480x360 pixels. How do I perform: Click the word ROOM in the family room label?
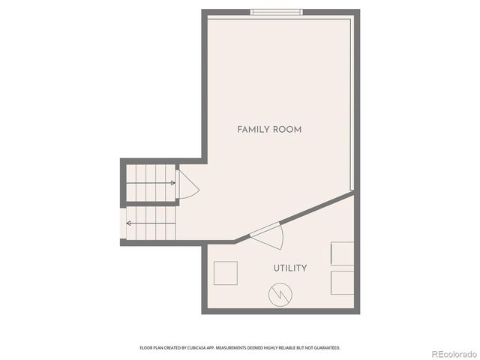pos(287,130)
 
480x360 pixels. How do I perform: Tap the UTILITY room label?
pos(289,268)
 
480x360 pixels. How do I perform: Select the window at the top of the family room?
pos(277,12)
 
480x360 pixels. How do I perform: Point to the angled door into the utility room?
pos(268,235)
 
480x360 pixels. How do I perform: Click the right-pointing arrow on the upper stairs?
pos(172,182)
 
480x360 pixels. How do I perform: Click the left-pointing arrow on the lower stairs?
pos(129,223)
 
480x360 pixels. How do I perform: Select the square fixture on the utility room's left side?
pos(226,273)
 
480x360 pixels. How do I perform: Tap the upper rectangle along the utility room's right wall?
pos(343,253)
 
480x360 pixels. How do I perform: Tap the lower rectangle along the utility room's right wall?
pos(343,283)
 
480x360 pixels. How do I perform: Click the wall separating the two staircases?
pos(150,204)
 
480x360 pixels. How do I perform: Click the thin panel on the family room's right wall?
pos(352,105)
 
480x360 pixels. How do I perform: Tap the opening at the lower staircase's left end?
pos(122,223)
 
